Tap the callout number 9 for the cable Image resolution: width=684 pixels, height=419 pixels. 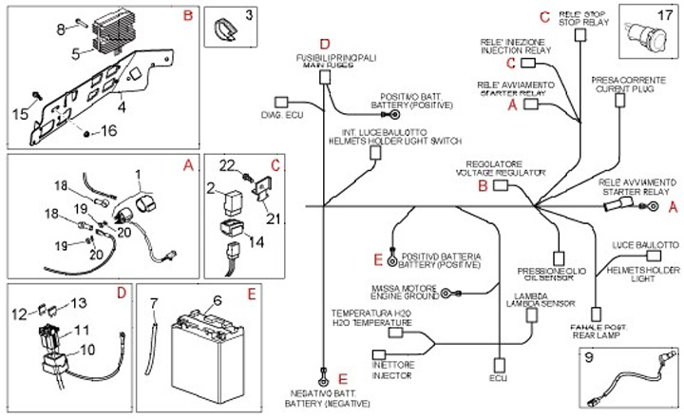click(x=588, y=359)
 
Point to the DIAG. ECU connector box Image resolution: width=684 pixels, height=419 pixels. click(x=281, y=101)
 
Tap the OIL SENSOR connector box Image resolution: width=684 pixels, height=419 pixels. click(x=559, y=257)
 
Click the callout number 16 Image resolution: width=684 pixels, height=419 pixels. click(x=109, y=131)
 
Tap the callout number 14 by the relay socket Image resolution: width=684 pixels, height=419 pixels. click(x=255, y=241)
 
